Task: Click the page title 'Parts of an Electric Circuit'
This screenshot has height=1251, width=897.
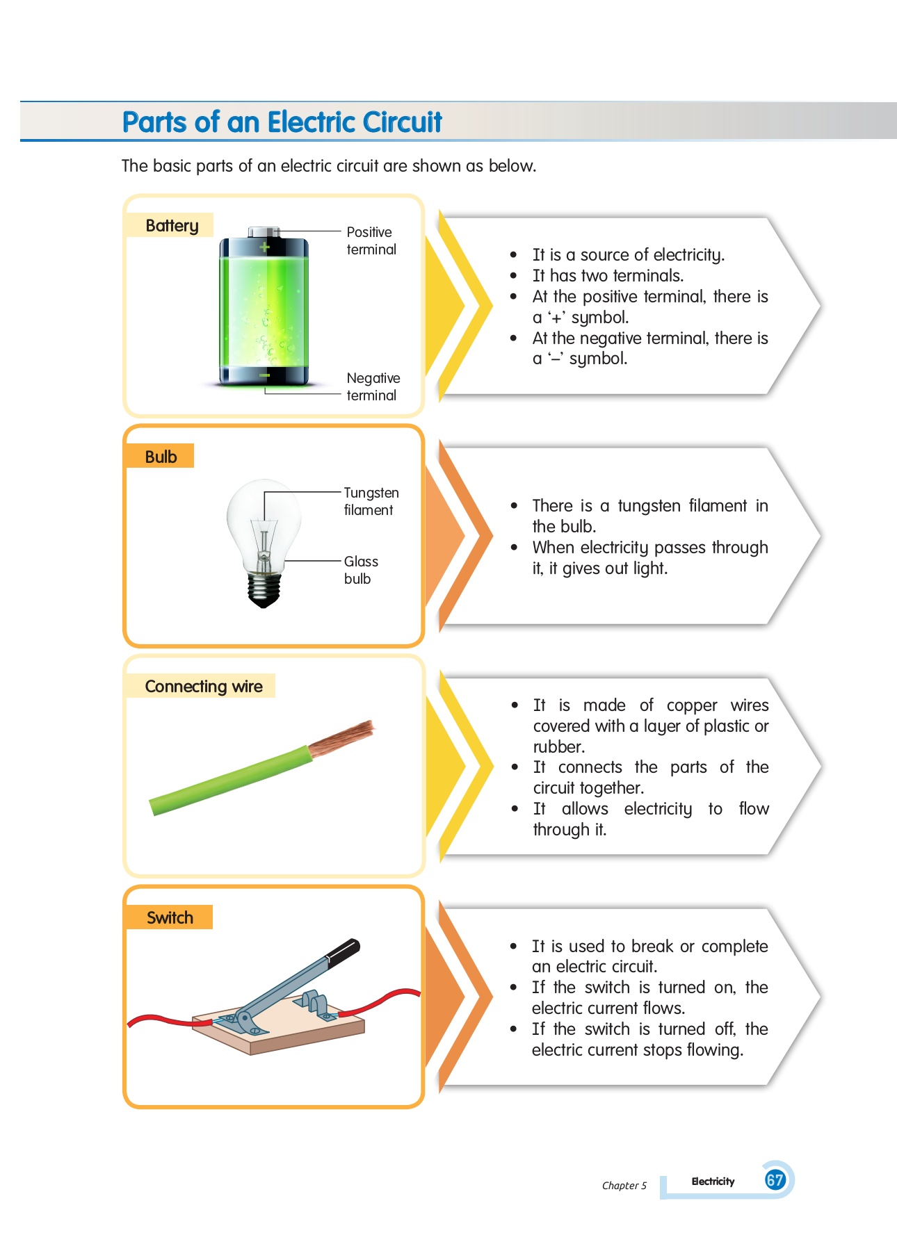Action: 282,122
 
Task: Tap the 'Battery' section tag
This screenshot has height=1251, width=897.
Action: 170,225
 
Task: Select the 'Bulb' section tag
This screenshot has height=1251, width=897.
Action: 160,456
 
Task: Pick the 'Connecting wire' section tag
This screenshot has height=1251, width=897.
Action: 202,686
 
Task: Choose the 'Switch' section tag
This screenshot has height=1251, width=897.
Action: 170,917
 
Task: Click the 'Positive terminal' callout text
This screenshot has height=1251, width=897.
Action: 371,240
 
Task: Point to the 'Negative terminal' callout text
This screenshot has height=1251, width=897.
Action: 373,386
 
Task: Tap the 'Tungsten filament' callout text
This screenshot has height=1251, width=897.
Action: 371,501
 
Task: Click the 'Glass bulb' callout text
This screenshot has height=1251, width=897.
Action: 361,570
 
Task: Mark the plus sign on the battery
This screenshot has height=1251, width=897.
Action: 264,247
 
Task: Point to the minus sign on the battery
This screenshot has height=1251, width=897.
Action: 264,375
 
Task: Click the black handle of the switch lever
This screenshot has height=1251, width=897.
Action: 344,951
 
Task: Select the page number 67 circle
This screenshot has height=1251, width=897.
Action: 775,1179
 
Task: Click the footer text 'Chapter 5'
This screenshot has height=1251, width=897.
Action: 624,1186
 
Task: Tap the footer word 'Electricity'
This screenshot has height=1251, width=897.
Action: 713,1181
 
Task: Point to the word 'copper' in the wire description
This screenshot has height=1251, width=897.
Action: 692,706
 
